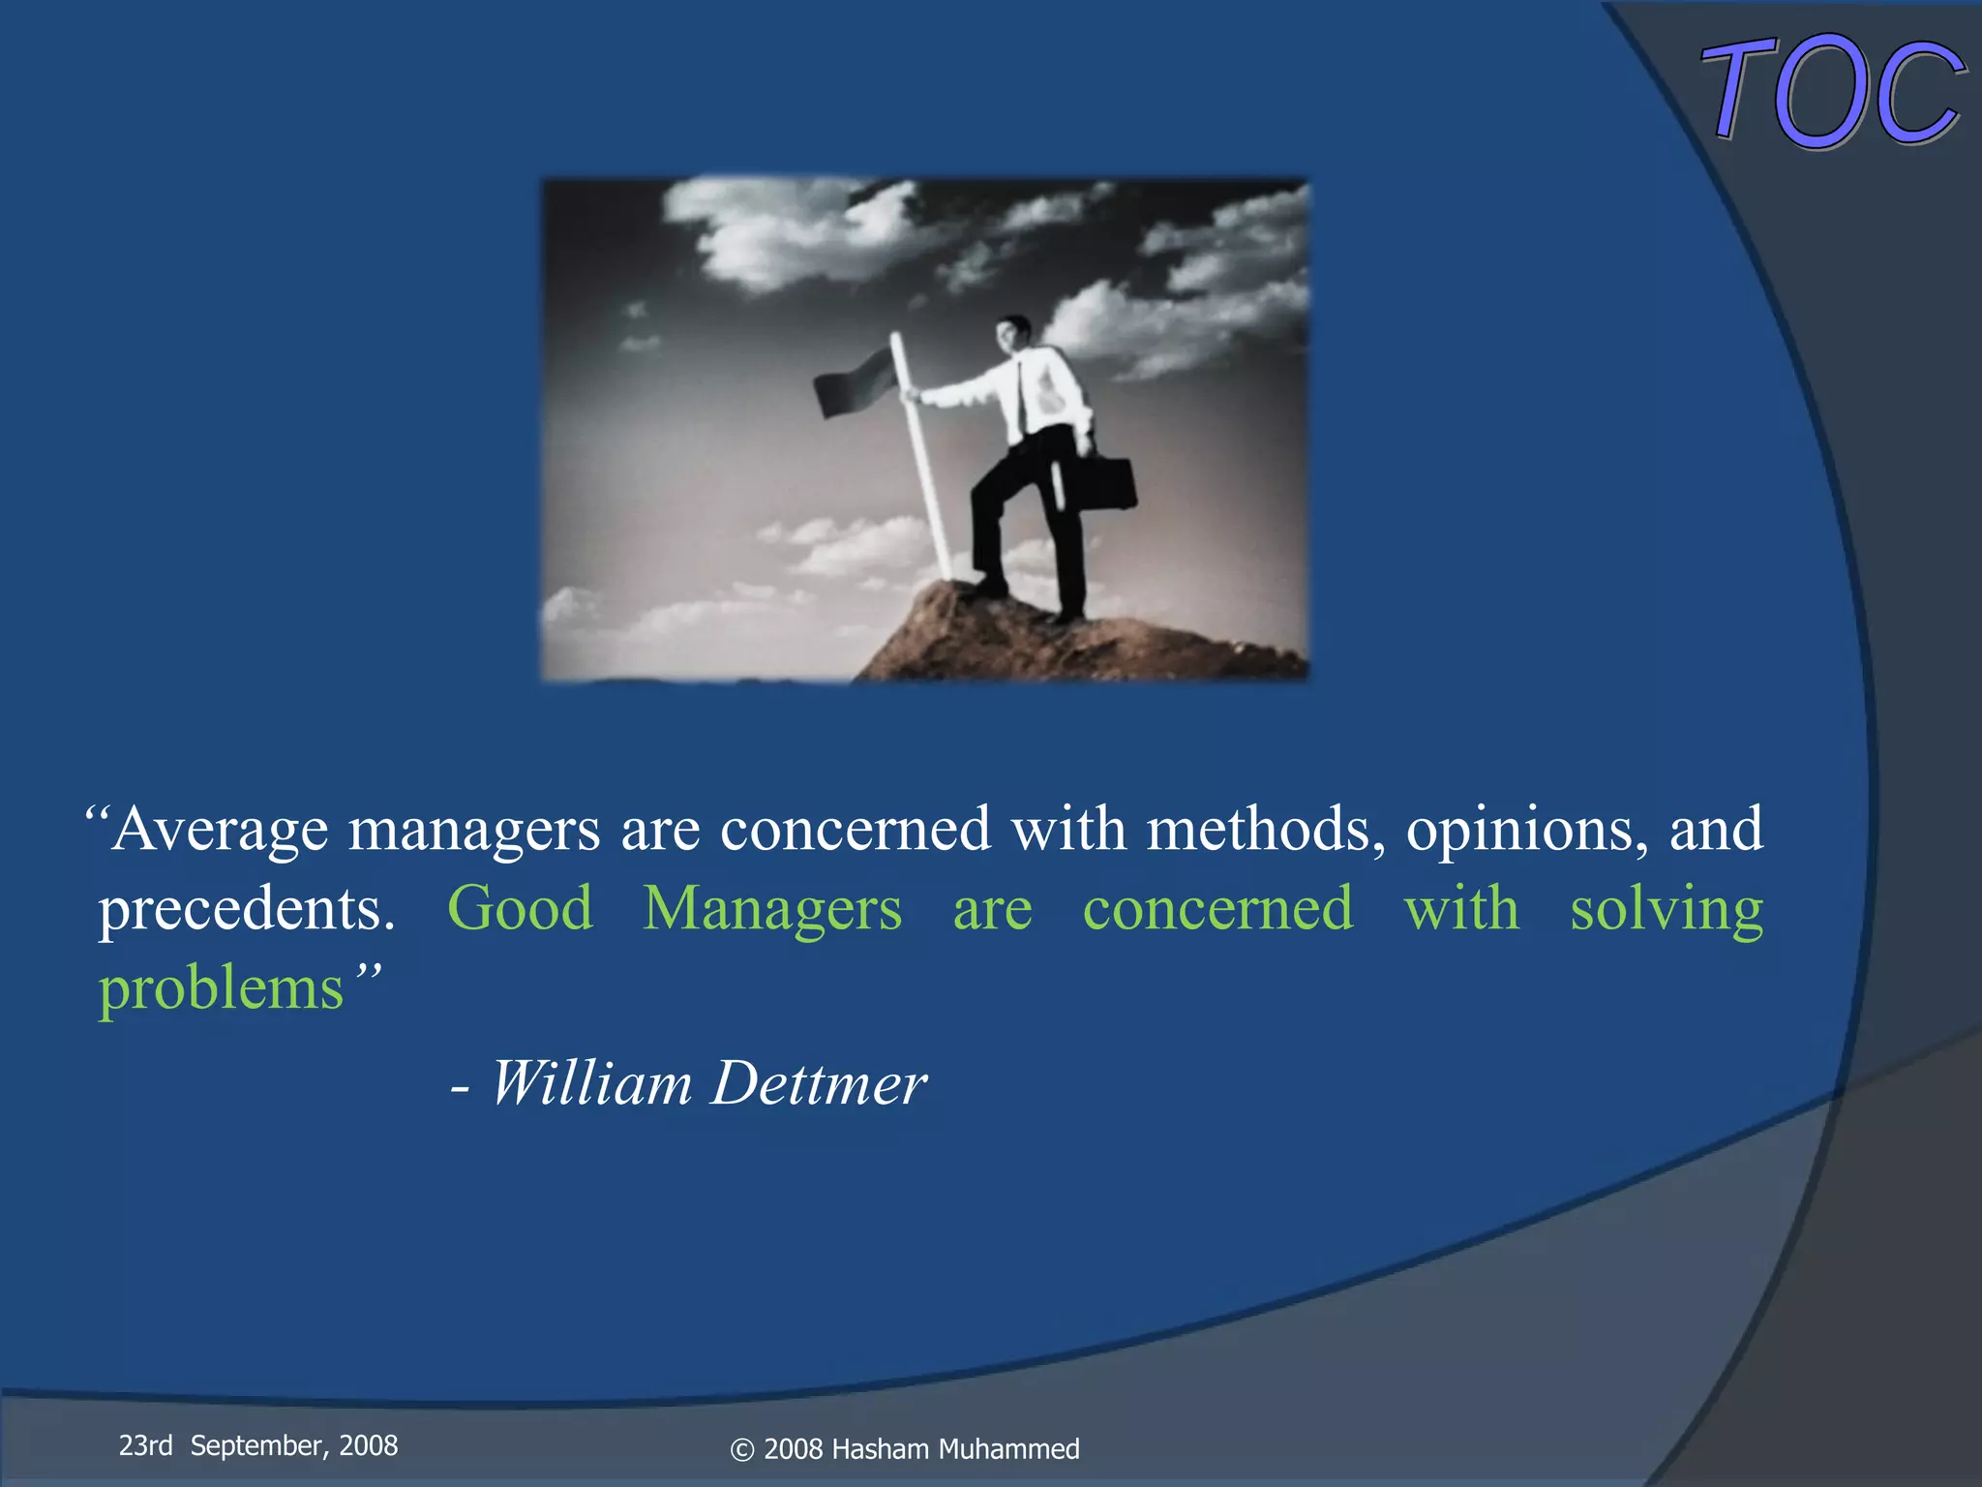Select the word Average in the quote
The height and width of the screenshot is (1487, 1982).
(x=220, y=830)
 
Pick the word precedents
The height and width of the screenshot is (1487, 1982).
(x=247, y=910)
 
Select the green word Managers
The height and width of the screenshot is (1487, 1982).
(x=772, y=910)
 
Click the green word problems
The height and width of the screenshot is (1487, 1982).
(x=222, y=989)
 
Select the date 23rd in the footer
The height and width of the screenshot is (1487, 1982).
(x=145, y=1445)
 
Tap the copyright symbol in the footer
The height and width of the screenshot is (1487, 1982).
(x=742, y=1449)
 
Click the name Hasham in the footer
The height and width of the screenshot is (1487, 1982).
(x=880, y=1449)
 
